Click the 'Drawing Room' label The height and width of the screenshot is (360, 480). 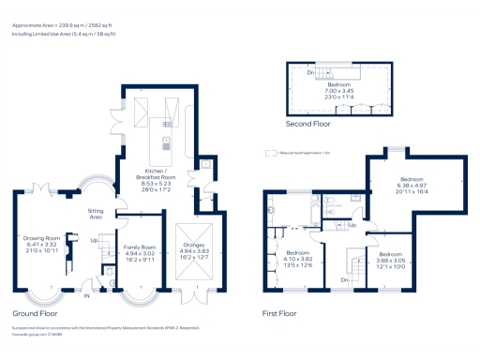(41, 238)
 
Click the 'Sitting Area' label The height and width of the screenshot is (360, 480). (96, 213)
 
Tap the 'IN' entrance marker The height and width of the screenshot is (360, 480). (88, 296)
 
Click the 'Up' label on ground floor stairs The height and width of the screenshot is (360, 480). (94, 241)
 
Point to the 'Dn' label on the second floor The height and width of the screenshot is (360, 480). (310, 70)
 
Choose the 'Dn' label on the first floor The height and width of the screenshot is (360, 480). (345, 279)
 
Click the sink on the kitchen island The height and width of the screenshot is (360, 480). (166, 143)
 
